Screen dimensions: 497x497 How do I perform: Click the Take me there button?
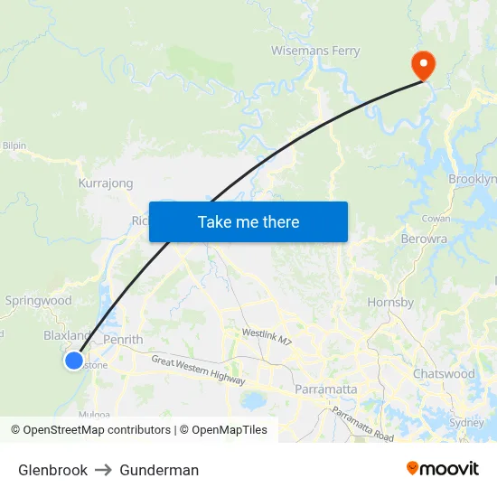click(248, 221)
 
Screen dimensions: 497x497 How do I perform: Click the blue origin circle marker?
click(74, 361)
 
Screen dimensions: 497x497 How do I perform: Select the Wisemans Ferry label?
click(315, 51)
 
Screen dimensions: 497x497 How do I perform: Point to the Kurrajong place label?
click(106, 183)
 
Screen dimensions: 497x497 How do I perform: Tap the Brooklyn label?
click(472, 179)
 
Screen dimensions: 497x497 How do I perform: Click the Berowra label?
click(423, 239)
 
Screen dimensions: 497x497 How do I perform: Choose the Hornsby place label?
click(390, 302)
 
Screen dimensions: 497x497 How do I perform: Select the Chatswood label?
click(444, 373)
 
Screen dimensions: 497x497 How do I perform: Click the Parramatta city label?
click(325, 389)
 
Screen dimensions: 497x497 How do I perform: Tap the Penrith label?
click(123, 340)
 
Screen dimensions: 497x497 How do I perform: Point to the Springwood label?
click(38, 301)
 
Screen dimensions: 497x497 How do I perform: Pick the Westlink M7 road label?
click(267, 336)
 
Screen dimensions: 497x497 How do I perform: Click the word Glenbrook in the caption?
click(52, 470)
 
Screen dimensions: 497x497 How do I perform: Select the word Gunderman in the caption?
click(159, 470)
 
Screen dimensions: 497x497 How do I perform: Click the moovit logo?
click(442, 469)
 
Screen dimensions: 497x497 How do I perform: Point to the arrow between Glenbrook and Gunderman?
click(103, 470)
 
